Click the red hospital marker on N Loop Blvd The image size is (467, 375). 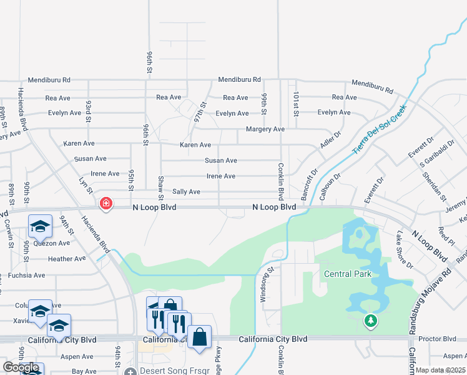106,203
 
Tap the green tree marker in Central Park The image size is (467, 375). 370,321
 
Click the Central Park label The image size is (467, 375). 348,274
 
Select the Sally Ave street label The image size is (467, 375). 186,192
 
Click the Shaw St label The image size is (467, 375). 161,184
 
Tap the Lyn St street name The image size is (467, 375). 86,186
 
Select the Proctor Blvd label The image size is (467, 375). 441,339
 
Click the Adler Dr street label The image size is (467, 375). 331,139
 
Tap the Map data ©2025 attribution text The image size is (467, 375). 440,370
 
